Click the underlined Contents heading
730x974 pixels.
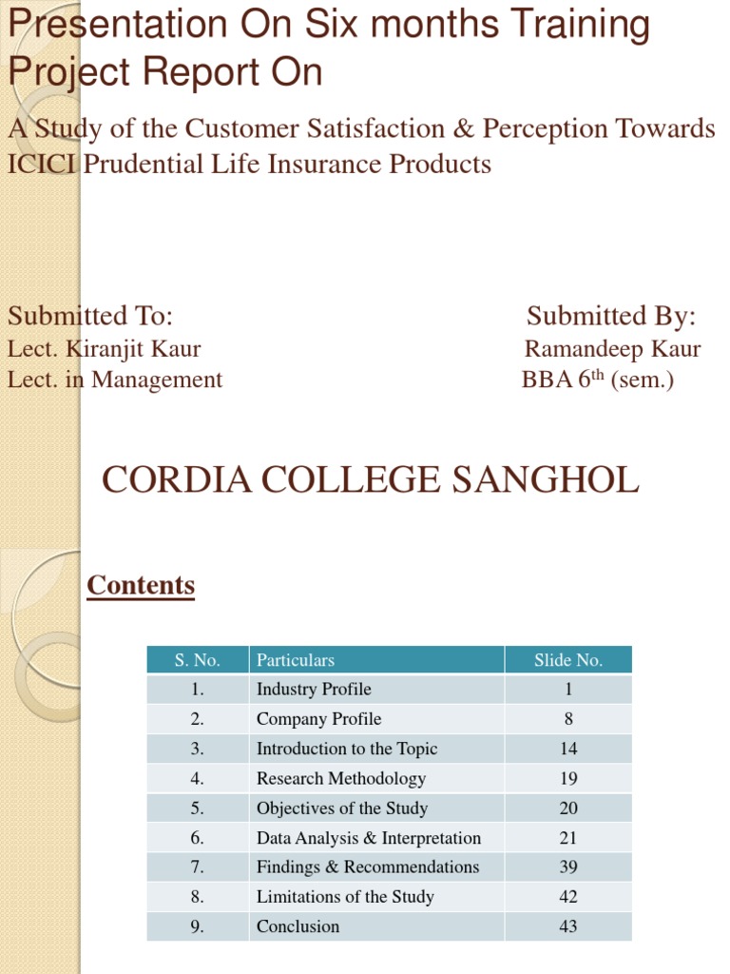pyautogui.click(x=141, y=585)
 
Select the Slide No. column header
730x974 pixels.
pyautogui.click(x=567, y=660)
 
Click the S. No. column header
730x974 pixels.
pyautogui.click(x=198, y=660)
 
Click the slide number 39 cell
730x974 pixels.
pyautogui.click(x=567, y=867)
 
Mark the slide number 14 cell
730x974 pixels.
pyautogui.click(x=567, y=749)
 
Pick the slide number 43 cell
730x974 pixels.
pyautogui.click(x=567, y=926)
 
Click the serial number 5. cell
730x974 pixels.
pyautogui.click(x=198, y=808)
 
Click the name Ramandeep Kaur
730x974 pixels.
pyautogui.click(x=612, y=349)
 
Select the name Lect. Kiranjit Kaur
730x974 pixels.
pyautogui.click(x=105, y=349)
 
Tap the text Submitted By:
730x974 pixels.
pyautogui.click(x=611, y=316)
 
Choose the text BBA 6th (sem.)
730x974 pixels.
pyautogui.click(x=597, y=380)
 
